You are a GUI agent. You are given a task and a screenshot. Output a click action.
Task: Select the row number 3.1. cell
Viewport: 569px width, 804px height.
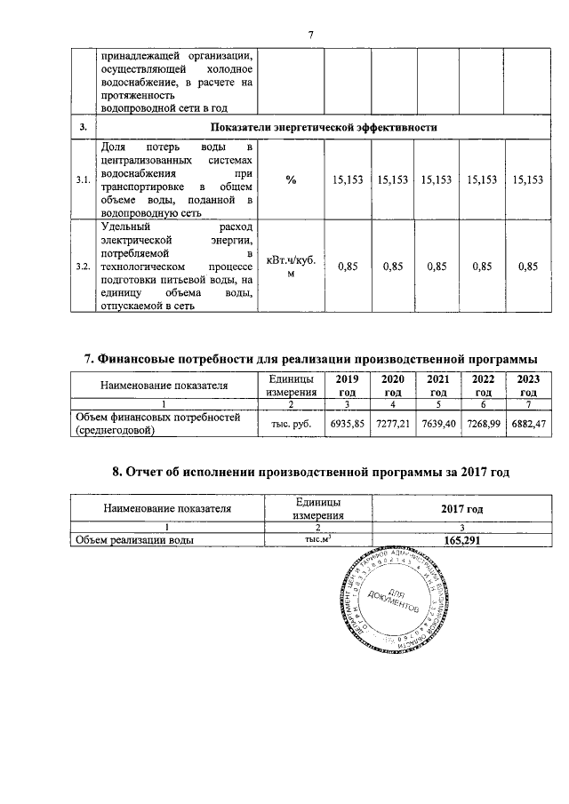[x=83, y=179]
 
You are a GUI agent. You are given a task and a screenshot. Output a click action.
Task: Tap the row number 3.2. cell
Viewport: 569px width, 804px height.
[x=83, y=267]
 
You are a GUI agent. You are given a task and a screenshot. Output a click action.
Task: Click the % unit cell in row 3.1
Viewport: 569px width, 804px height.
[x=291, y=179]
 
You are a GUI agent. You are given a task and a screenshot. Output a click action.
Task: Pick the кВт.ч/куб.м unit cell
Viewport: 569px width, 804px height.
[x=291, y=267]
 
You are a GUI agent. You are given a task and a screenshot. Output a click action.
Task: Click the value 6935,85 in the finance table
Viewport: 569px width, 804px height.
[x=348, y=425]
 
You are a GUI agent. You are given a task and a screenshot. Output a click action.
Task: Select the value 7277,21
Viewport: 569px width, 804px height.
[x=393, y=425]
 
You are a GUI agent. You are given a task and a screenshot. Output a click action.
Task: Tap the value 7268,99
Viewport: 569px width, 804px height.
[x=484, y=425]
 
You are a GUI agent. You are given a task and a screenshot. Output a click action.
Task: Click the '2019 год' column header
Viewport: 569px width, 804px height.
[x=348, y=386]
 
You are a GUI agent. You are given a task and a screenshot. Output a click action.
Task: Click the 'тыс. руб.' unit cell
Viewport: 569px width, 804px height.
[x=291, y=425]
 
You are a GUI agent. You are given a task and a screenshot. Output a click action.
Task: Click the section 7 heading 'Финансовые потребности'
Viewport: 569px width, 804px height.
[x=310, y=359]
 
